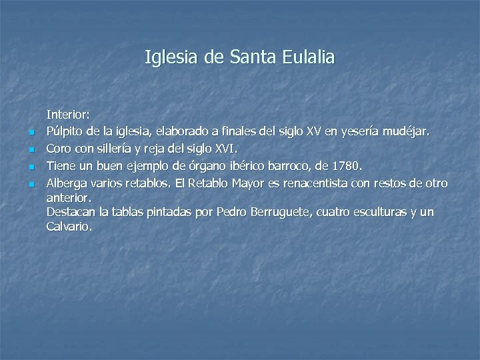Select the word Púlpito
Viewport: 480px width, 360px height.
[x=65, y=131]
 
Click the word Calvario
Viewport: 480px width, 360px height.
[x=69, y=227]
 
